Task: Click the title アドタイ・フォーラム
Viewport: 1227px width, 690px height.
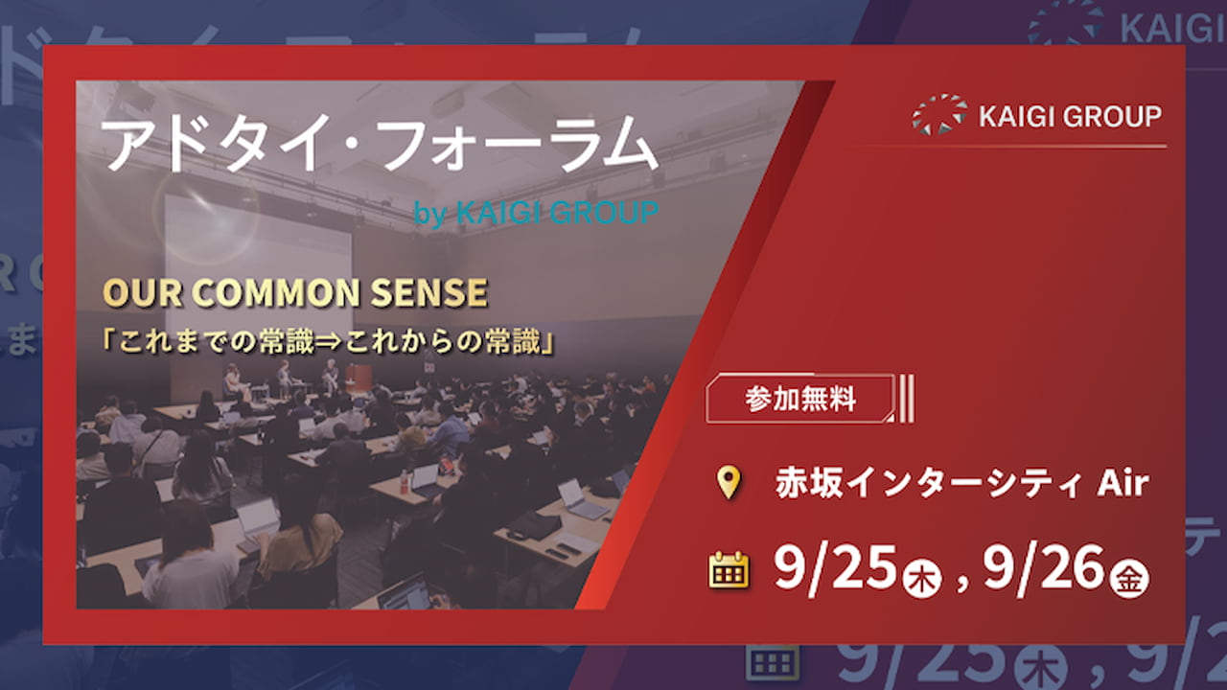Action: point(379,145)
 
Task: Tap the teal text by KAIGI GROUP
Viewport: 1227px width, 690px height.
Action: point(536,213)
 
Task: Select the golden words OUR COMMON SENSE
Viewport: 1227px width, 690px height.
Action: point(295,292)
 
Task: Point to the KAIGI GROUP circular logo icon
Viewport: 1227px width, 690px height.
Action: point(938,114)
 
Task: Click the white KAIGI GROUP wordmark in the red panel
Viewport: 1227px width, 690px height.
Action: point(1070,116)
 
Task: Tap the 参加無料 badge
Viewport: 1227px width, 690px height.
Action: point(800,399)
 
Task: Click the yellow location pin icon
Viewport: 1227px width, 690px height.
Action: point(729,482)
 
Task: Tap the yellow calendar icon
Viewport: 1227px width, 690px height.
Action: point(729,569)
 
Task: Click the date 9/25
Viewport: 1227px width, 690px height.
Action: point(835,568)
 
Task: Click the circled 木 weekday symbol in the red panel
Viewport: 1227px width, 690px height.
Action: point(922,580)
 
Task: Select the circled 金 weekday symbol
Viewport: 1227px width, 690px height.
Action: point(1129,580)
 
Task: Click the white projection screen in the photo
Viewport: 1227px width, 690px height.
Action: point(259,285)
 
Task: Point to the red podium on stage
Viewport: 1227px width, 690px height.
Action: point(359,377)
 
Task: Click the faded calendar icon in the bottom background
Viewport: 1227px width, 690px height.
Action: point(772,663)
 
